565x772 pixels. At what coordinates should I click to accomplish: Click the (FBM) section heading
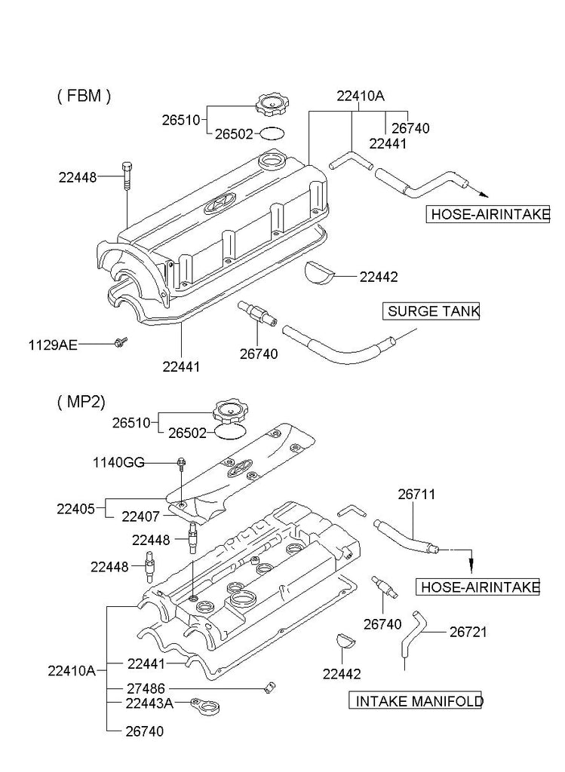[84, 96]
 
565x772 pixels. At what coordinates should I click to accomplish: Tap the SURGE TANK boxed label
[432, 311]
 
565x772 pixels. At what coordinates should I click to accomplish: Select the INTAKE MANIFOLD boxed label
[418, 701]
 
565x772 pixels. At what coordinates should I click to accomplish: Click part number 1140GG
[118, 462]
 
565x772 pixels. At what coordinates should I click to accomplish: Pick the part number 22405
[75, 508]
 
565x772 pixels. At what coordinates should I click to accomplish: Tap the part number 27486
[146, 688]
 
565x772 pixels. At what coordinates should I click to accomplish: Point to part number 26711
[416, 495]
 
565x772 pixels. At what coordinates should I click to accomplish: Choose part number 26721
[468, 632]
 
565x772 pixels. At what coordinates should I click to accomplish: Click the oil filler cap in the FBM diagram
[270, 105]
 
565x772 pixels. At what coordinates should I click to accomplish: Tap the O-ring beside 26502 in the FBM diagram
[271, 134]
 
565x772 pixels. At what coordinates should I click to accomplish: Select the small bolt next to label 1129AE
[119, 343]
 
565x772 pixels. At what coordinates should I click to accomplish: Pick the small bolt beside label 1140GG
[181, 462]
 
